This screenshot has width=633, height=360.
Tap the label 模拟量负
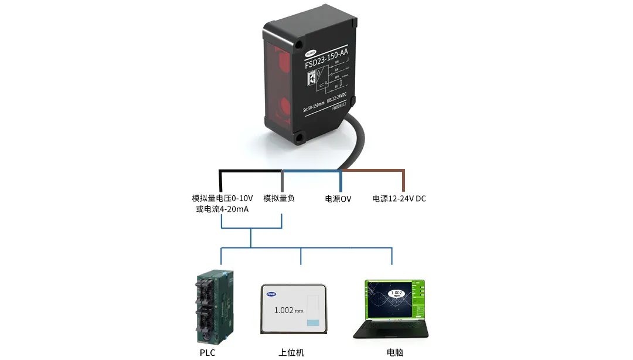pyautogui.click(x=279, y=198)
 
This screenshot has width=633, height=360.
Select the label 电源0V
pyautogui.click(x=338, y=199)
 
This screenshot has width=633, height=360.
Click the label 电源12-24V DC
pyautogui.click(x=399, y=199)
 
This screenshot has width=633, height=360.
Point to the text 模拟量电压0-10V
pyautogui.click(x=222, y=198)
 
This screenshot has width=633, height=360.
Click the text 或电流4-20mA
pyautogui.click(x=222, y=209)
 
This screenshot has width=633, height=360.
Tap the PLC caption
pyautogui.click(x=207, y=352)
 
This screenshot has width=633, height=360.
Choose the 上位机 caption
pyautogui.click(x=291, y=352)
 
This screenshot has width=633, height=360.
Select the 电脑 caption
pyautogui.click(x=395, y=352)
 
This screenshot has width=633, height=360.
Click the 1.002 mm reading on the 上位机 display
pyautogui.click(x=290, y=310)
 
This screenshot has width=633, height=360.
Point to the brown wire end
pyautogui.click(x=404, y=182)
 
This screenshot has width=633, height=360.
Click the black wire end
pyautogui.click(x=220, y=182)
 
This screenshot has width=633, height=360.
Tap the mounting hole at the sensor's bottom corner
pyautogui.click(x=300, y=138)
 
